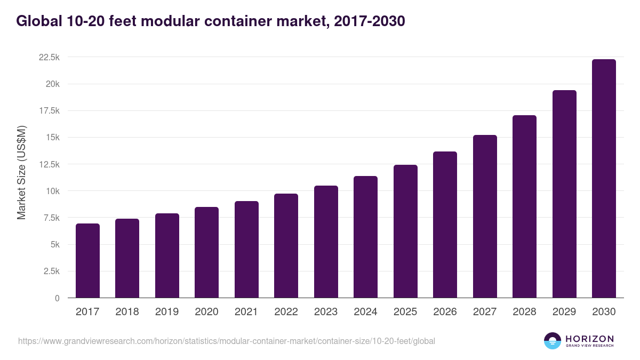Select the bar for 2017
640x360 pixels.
(x=87, y=261)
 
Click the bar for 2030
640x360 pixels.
(x=604, y=179)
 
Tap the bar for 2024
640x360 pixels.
(x=365, y=237)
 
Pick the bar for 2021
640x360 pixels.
(x=246, y=250)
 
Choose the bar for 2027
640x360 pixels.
(x=485, y=217)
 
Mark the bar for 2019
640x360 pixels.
(x=167, y=255)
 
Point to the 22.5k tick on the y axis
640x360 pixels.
(x=49, y=57)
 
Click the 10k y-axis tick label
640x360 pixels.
(x=52, y=191)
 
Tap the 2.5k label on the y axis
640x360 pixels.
(x=51, y=271)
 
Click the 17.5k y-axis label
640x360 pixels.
(x=49, y=110)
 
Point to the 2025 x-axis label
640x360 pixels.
(x=405, y=312)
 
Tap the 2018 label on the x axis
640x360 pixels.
(x=127, y=312)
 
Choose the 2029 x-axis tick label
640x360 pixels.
(x=564, y=312)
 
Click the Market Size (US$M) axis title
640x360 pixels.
(x=21, y=172)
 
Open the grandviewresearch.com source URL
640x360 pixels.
(x=227, y=341)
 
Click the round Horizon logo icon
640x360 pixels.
(x=553, y=341)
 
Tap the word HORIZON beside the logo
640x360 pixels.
(x=589, y=338)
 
